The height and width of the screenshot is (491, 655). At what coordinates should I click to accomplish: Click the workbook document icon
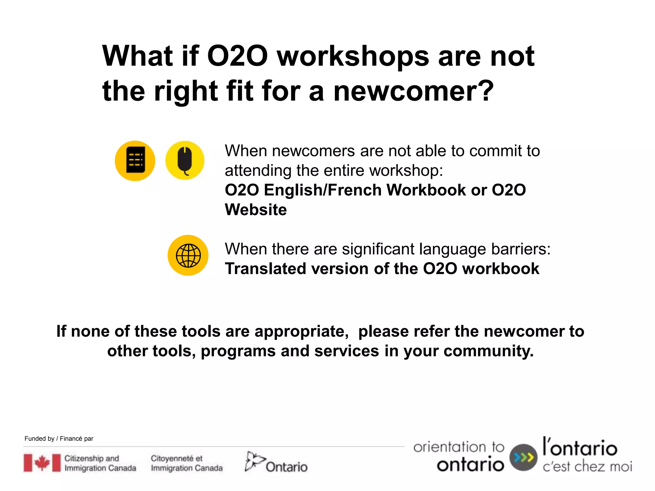135,160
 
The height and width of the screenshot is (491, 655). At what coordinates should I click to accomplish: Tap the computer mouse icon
185,160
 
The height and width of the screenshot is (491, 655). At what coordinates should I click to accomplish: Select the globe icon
188,255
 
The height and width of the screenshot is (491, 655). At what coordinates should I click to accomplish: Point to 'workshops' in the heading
353,56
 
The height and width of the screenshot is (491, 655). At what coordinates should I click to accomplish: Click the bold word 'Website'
256,210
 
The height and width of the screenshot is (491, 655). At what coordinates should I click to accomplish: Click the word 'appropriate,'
302,331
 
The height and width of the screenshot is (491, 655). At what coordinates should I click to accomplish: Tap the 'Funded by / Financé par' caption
59,439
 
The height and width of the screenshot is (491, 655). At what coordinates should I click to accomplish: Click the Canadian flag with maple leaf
42,463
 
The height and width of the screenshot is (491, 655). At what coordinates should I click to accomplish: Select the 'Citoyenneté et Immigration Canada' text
187,463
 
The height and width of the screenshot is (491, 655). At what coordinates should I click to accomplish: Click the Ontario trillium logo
254,461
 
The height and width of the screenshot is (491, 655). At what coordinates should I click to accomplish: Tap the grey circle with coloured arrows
523,457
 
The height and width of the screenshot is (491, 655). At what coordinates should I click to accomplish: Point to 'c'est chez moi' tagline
587,467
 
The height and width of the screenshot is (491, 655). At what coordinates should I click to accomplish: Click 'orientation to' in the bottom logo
459,447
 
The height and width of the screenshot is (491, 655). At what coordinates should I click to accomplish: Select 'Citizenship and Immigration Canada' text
100,463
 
